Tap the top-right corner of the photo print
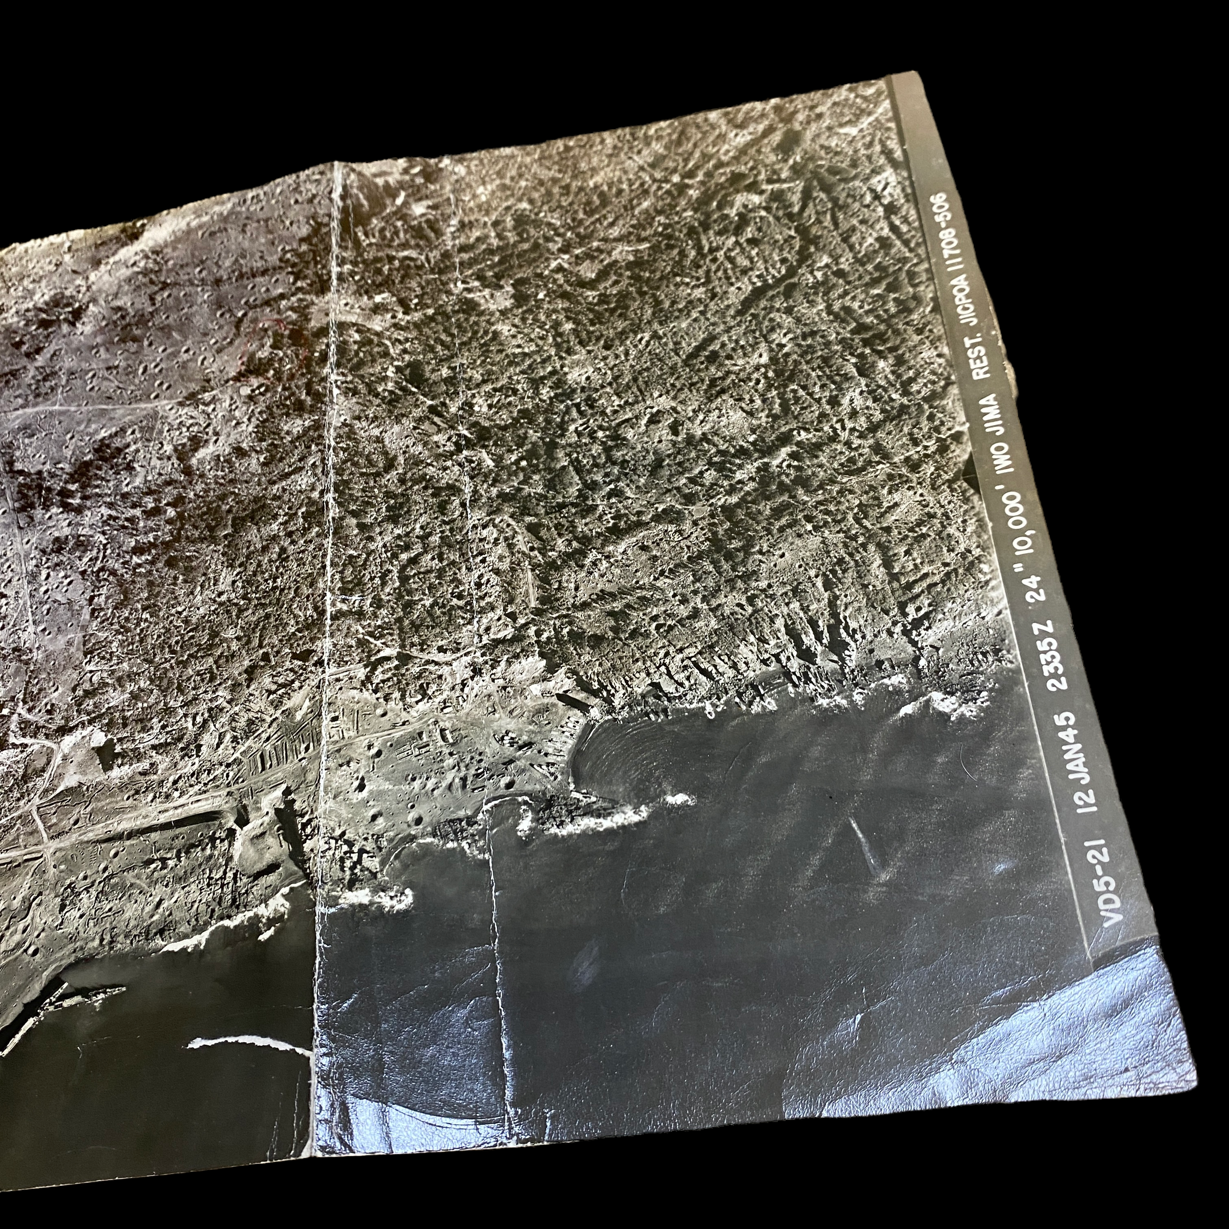[916, 73]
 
